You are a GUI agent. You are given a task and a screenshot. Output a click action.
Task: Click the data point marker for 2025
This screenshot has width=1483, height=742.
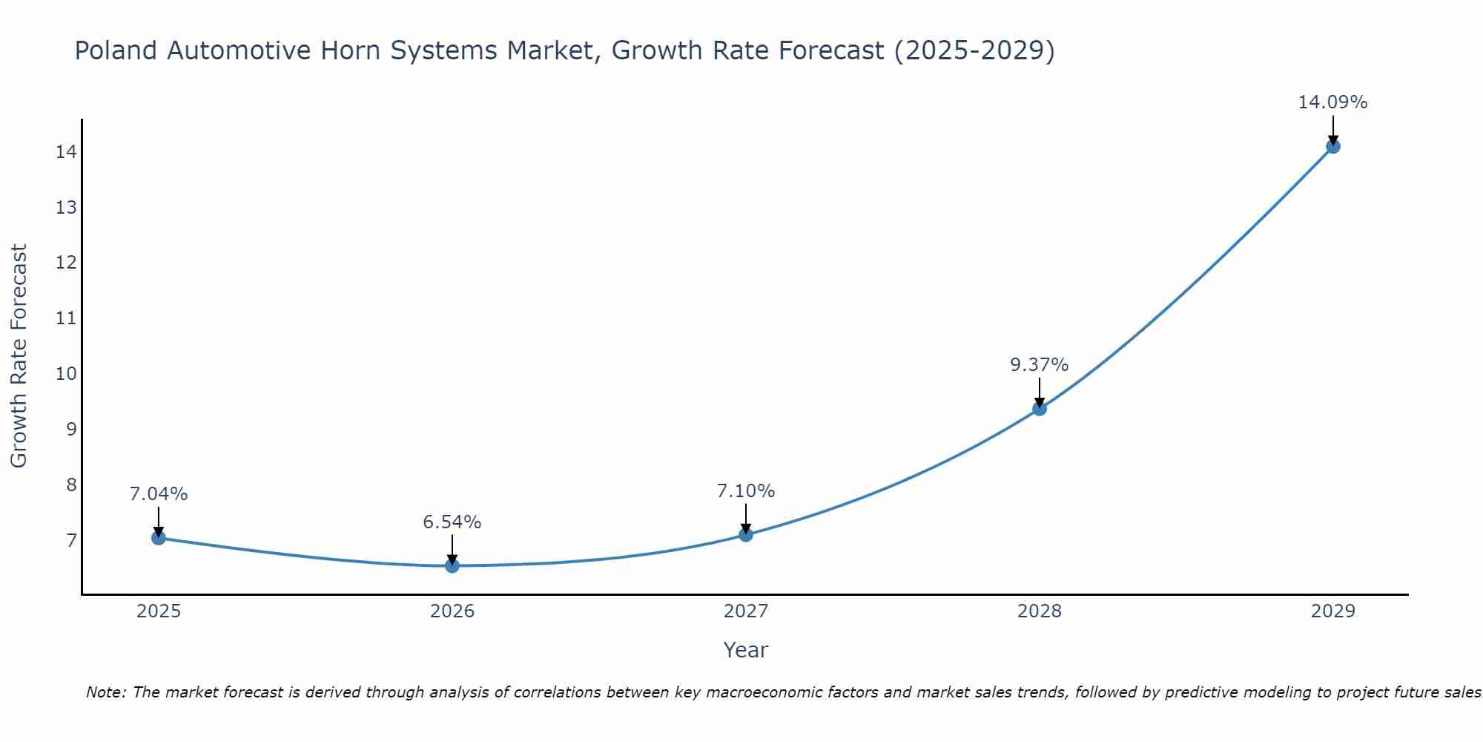159,537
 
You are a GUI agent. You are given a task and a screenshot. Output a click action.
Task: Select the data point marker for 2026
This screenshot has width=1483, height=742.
452,565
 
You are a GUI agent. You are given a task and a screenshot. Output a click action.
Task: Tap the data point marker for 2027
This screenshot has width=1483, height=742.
746,534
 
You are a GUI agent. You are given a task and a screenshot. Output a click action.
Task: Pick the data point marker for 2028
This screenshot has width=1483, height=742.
1040,408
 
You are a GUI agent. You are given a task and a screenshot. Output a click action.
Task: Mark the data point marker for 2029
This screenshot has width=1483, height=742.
1332,146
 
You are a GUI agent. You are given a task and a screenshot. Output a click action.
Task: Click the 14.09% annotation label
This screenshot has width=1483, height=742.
1332,102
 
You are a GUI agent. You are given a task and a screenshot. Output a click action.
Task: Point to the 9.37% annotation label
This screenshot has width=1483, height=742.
1040,365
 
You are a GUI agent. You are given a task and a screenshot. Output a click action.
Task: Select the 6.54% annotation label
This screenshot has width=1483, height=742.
452,522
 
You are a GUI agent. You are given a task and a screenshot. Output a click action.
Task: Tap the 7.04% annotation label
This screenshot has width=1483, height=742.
159,494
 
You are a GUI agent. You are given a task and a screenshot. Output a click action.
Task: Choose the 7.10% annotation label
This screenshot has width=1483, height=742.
746,491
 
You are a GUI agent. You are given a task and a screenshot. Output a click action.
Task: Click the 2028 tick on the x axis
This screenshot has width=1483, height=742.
1040,611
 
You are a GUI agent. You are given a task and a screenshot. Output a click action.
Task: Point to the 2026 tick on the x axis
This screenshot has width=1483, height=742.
452,611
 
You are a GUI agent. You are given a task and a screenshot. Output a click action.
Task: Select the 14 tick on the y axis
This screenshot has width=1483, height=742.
66,152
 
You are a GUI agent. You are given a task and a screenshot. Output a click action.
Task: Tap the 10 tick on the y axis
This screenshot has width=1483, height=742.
66,373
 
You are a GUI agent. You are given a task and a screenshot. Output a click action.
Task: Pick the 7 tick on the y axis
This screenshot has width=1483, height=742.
71,540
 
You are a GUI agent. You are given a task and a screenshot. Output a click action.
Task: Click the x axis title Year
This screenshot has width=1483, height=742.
745,650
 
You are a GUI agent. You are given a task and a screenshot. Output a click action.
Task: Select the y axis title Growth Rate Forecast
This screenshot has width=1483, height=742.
19,356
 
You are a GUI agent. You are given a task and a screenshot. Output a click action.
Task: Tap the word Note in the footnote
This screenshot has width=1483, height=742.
107,692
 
